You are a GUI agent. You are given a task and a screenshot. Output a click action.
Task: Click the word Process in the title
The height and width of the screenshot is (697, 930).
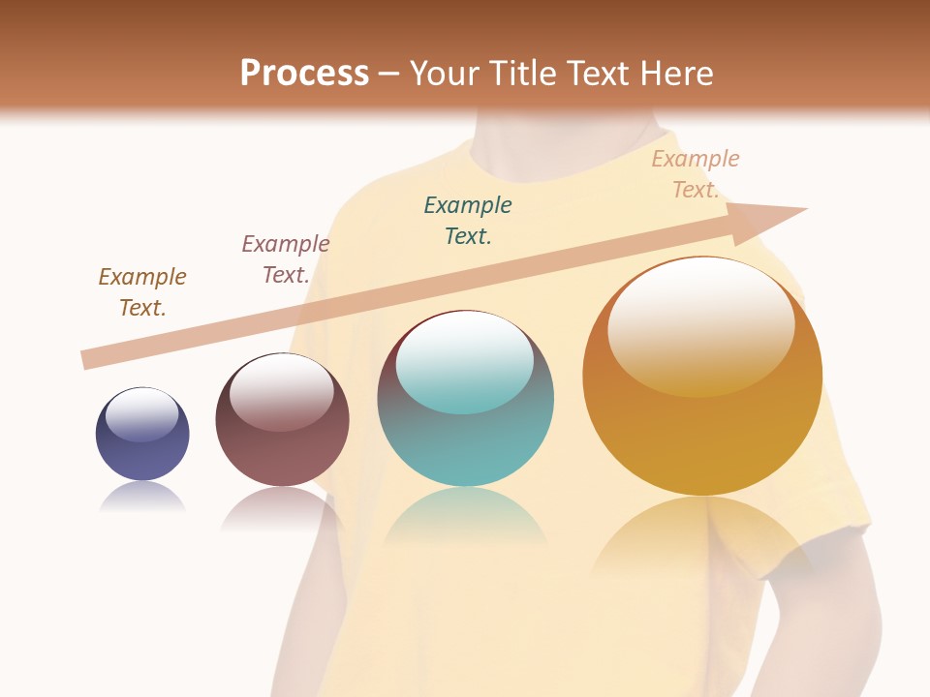coord(304,74)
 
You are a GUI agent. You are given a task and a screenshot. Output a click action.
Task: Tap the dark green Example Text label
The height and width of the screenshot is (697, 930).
coord(468,220)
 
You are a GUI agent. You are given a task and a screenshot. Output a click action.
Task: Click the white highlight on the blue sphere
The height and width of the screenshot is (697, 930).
coord(142,414)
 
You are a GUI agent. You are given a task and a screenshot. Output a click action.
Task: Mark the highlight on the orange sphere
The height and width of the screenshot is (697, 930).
coord(701,324)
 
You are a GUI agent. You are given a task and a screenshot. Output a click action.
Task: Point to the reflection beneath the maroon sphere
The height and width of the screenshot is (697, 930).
coord(282,508)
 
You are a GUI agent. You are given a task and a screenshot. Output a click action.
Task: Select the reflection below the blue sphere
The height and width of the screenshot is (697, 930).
coord(142,497)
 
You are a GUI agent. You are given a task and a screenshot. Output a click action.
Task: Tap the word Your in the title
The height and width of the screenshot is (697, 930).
coord(447,74)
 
